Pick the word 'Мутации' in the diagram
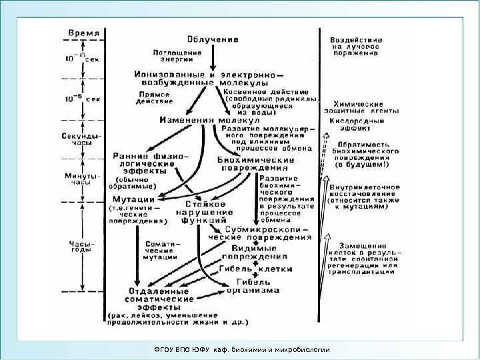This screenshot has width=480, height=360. [x=133, y=198]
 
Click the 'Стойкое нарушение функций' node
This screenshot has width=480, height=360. [x=205, y=212]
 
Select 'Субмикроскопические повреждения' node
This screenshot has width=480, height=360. [x=260, y=231]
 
